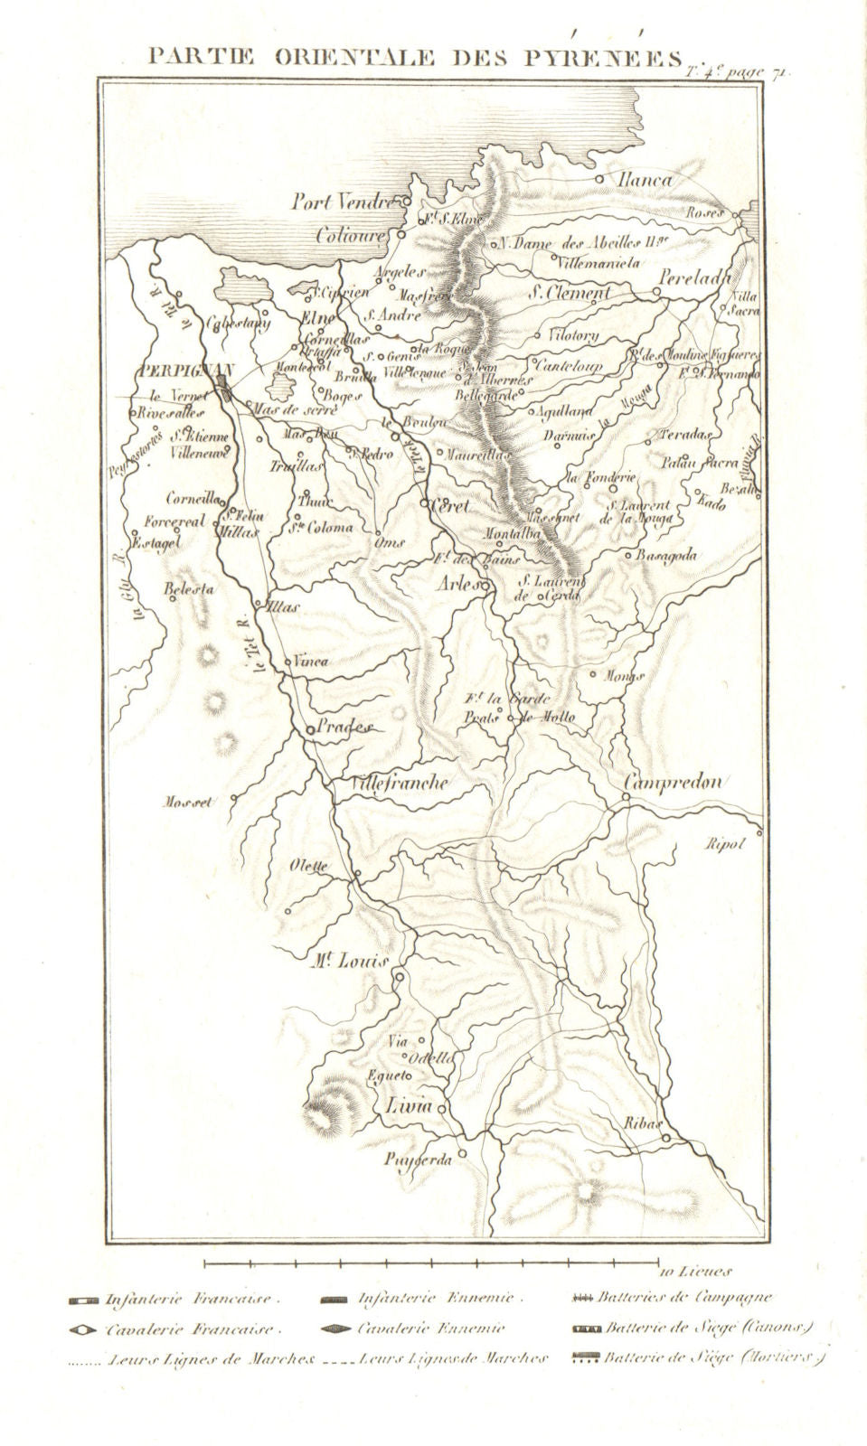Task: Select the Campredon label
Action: click(x=673, y=784)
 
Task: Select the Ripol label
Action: click(x=724, y=845)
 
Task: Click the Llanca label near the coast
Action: click(x=645, y=180)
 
